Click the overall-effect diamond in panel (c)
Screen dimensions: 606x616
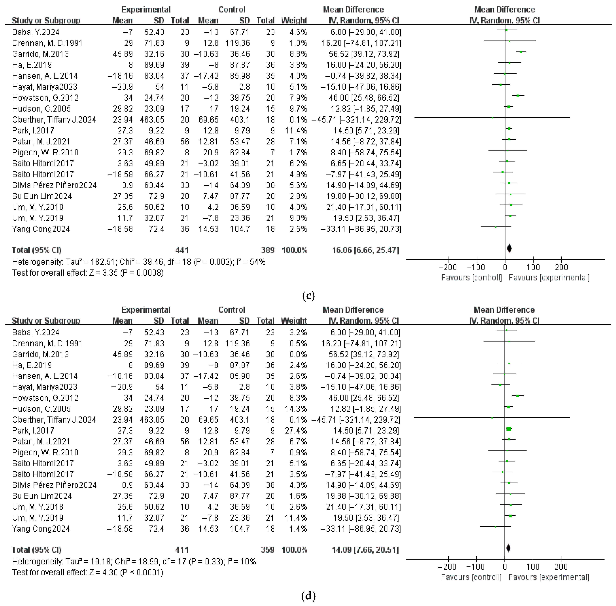(x=509, y=248)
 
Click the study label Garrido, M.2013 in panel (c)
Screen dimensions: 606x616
(x=40, y=54)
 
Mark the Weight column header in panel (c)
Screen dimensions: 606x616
(x=294, y=20)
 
